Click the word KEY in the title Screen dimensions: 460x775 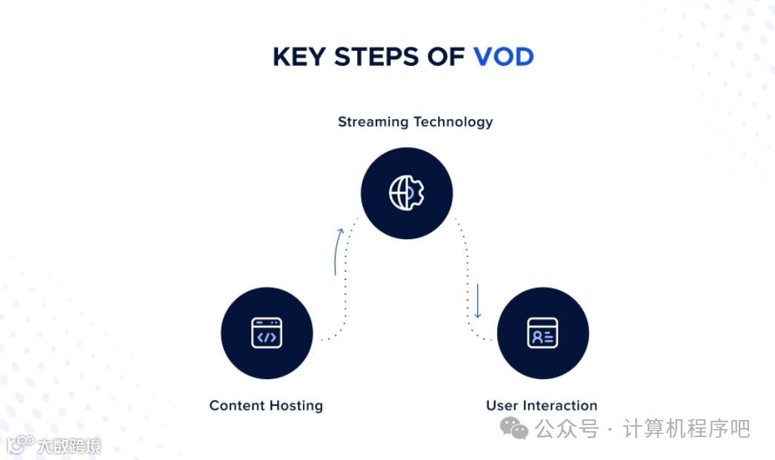pos(299,57)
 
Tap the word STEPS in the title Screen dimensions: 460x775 pos(376,57)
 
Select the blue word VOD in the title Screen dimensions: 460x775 pos(504,57)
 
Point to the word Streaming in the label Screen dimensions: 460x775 pos(372,122)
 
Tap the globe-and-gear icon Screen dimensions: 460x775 pos(407,193)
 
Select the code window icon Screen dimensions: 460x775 pos(267,333)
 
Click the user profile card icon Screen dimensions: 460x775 pos(542,333)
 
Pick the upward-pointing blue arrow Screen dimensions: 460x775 pos(338,252)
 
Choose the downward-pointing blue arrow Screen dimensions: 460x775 pos(477,300)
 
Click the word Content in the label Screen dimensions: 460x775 pos(236,406)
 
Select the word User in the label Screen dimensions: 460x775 pos(502,406)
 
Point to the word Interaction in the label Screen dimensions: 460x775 pos(559,406)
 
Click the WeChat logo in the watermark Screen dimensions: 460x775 pos(514,427)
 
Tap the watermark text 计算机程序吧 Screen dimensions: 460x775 pos(686,428)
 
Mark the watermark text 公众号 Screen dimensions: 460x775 pos(567,428)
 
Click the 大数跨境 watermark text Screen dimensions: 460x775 pos(69,446)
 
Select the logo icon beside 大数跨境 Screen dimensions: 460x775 pos(20,444)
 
